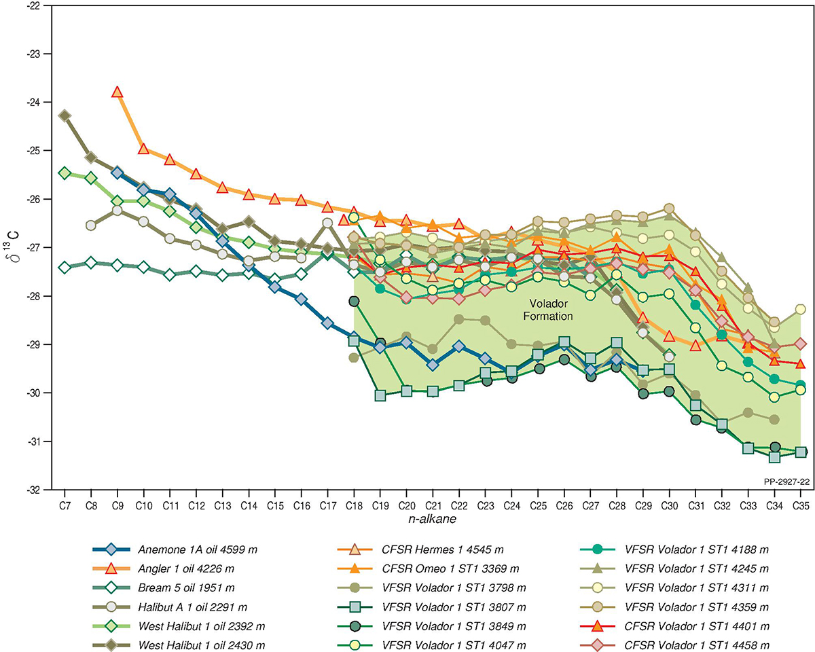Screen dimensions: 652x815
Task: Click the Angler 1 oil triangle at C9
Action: tap(117, 92)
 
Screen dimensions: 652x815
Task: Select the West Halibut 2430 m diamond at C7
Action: tap(65, 115)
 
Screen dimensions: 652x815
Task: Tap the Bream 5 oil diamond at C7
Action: tap(65, 267)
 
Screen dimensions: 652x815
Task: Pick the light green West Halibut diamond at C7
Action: tap(65, 173)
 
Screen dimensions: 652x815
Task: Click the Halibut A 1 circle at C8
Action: tap(91, 225)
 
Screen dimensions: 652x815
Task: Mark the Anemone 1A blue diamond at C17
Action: tap(327, 323)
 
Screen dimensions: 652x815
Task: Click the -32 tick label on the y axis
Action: tap(34, 490)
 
